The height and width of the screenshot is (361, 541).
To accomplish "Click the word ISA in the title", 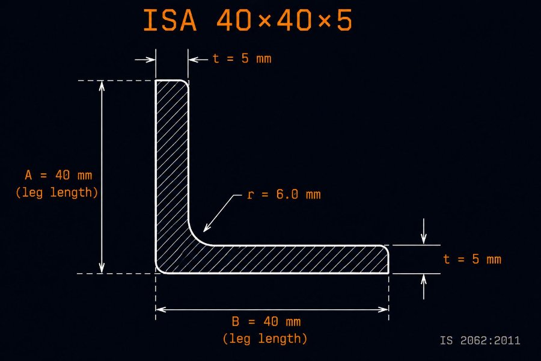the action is (x=170, y=20).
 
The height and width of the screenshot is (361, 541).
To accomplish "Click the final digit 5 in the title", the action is (x=344, y=20).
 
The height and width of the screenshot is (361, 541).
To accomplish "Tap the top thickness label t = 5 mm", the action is (x=242, y=58).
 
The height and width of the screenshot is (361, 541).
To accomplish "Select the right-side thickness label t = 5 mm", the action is (x=472, y=259).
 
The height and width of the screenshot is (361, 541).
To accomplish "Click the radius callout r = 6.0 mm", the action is (x=284, y=194).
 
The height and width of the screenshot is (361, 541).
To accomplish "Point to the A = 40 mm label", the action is (x=58, y=175).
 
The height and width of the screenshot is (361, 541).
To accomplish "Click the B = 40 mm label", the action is (x=266, y=322).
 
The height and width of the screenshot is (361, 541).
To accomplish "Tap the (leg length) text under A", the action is (x=57, y=192).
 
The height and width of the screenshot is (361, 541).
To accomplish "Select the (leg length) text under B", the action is (x=265, y=339).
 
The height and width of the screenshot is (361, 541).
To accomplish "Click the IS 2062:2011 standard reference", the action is (x=480, y=341).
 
